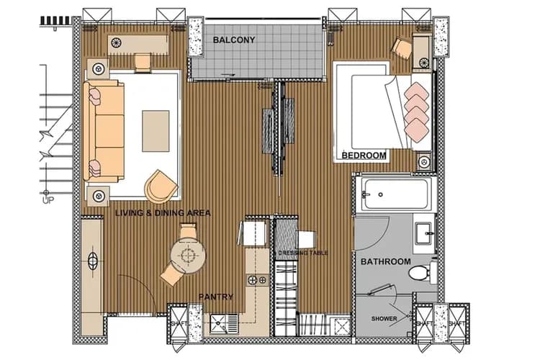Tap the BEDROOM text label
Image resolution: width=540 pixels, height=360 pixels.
coord(364,155)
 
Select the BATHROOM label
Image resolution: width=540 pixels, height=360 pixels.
coord(385,261)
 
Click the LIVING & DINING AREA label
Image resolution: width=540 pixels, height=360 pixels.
coord(162,213)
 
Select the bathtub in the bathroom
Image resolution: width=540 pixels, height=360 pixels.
coord(393,194)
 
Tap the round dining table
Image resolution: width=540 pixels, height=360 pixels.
coord(189,253)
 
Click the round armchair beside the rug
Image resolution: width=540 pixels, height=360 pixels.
coord(161,186)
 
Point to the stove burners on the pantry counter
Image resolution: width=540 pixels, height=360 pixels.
coord(253,279)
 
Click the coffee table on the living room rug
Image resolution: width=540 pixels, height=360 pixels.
coord(155,130)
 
